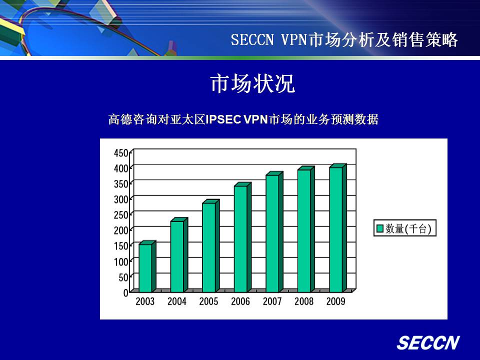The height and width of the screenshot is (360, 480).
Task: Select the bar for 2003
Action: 147,266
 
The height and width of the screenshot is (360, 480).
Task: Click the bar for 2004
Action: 179,255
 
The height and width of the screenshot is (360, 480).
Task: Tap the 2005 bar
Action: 211,246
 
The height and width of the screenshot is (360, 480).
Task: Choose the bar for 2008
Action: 306,229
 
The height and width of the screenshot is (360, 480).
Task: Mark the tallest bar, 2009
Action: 338,228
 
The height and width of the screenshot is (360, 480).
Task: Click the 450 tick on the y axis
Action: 121,153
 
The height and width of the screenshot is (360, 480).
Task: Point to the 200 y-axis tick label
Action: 121,230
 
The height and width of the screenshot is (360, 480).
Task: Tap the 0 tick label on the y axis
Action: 125,293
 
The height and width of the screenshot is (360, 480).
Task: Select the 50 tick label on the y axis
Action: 123,277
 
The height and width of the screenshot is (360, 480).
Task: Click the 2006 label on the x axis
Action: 240,301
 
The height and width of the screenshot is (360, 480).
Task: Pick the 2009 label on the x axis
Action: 335,301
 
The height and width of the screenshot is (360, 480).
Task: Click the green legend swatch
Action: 379,228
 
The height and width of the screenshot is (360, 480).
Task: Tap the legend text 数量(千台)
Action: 408,228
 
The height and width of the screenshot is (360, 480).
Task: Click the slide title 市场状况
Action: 253,83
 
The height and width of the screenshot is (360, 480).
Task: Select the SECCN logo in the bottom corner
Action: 428,342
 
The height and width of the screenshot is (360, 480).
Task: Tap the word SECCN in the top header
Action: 252,39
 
